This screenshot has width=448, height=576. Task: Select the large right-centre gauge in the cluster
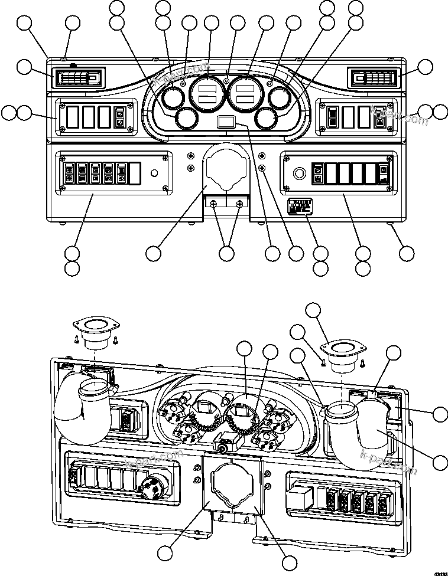(x=245, y=93)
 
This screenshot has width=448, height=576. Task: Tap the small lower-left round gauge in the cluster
(x=187, y=119)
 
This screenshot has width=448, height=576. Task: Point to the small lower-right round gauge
(x=267, y=119)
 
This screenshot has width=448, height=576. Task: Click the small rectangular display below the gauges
(x=226, y=123)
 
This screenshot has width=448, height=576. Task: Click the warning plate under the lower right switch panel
(x=299, y=207)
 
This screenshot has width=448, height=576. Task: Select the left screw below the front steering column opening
(x=213, y=204)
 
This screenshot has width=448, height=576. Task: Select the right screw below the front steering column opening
(x=239, y=204)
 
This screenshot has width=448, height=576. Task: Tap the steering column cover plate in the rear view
(x=232, y=484)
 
